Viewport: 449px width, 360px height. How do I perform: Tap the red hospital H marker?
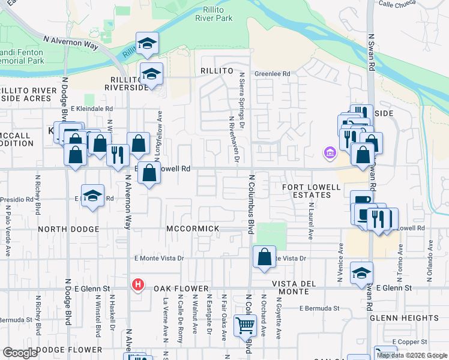138,284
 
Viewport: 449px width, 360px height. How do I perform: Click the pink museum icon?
329,153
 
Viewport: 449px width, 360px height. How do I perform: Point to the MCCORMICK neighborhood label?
193,229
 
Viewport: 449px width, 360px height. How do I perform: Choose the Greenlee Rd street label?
272,74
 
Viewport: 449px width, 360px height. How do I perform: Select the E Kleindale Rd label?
91,109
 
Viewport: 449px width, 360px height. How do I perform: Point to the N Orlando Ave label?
430,262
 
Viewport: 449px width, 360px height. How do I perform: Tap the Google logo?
20,353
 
